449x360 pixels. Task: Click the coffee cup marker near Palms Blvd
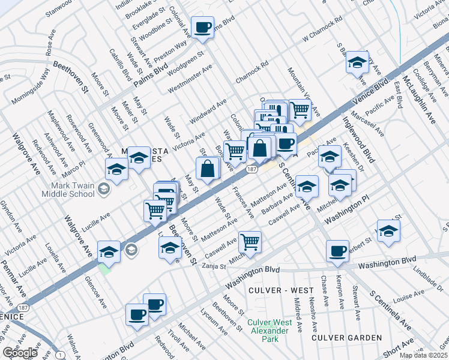tap(202, 27)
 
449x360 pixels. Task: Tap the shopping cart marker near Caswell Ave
tap(250, 242)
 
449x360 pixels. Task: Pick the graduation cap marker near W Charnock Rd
tap(357, 62)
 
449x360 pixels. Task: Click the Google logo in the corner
tap(19, 353)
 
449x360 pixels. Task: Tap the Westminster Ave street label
tap(190, 79)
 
